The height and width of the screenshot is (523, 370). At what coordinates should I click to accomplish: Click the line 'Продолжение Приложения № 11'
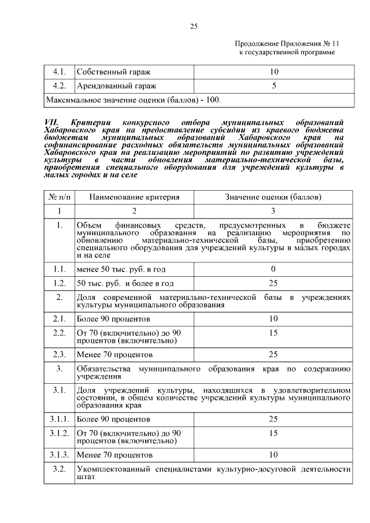[x=287, y=44]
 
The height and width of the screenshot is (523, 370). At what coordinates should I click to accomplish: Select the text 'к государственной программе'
[x=287, y=53]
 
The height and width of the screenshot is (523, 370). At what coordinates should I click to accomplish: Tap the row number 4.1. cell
[x=58, y=72]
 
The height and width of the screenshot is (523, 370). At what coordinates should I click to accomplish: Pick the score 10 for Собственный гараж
[x=274, y=72]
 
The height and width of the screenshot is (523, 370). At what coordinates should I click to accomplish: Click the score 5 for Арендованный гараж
[x=274, y=86]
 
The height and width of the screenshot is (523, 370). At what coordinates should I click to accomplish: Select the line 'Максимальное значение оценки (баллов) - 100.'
[x=133, y=100]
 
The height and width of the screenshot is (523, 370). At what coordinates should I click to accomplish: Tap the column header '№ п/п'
[x=58, y=197]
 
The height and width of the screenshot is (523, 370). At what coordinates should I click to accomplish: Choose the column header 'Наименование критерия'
[x=134, y=197]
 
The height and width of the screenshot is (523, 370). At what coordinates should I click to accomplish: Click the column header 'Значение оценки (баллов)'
[x=274, y=197]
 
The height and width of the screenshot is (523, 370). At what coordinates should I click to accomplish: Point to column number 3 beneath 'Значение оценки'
[x=274, y=211]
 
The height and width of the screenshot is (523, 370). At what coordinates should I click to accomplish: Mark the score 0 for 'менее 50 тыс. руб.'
[x=274, y=269]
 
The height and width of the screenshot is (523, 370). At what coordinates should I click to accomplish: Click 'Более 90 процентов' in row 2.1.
[x=113, y=318]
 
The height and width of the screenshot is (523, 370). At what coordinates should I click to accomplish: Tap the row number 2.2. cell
[x=58, y=333]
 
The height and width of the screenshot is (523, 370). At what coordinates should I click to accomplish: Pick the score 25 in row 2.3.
[x=274, y=353]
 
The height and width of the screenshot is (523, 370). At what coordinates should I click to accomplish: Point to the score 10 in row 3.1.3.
[x=274, y=454]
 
